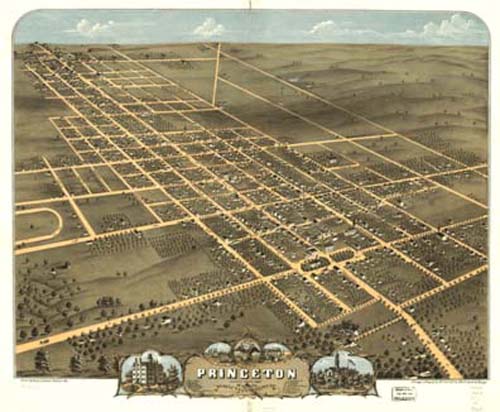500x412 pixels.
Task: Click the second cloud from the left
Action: click(208, 27)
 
